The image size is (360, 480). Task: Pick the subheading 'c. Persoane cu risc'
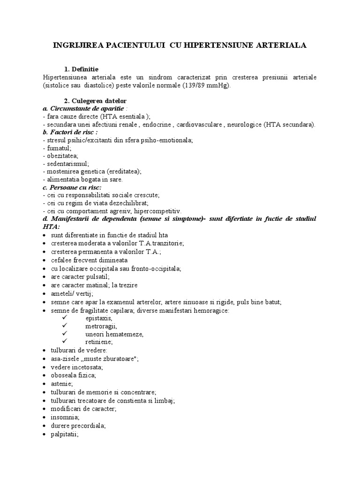pos(72,187)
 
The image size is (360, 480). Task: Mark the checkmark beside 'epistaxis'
pos(65,318)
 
